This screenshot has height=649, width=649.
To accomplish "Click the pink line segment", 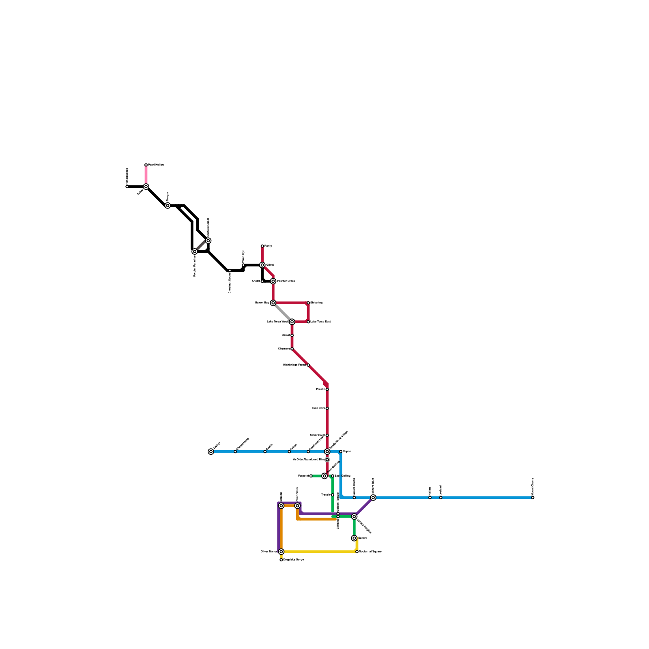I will point(146,176).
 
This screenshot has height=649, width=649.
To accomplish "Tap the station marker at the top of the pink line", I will point(146,165).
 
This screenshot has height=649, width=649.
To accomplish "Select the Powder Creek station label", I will point(286,281).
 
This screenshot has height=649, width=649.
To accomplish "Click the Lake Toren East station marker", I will point(308,322).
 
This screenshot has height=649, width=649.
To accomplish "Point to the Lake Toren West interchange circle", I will point(292,322).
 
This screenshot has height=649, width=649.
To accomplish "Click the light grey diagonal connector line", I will point(283,312).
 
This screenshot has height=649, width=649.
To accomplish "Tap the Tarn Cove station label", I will point(318,408).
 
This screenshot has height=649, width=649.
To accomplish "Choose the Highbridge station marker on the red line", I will point(308,365).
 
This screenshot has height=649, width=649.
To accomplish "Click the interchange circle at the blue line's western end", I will point(211,451).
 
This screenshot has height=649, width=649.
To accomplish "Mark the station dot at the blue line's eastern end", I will point(533,497).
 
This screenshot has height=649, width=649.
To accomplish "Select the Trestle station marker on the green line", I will point(333,495).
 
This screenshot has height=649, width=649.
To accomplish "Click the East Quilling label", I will point(343,476).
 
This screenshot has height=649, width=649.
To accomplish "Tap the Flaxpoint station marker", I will point(311,476).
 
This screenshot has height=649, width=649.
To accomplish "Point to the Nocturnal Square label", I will point(370,552).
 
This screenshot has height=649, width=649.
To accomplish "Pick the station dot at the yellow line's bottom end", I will point(281,560).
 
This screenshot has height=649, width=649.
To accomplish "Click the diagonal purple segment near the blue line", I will point(364,507).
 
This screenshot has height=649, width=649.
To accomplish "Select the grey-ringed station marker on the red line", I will point(327,460).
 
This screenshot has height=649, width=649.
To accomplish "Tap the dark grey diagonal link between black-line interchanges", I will point(202,246).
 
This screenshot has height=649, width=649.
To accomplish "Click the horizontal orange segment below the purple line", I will point(316,519).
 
